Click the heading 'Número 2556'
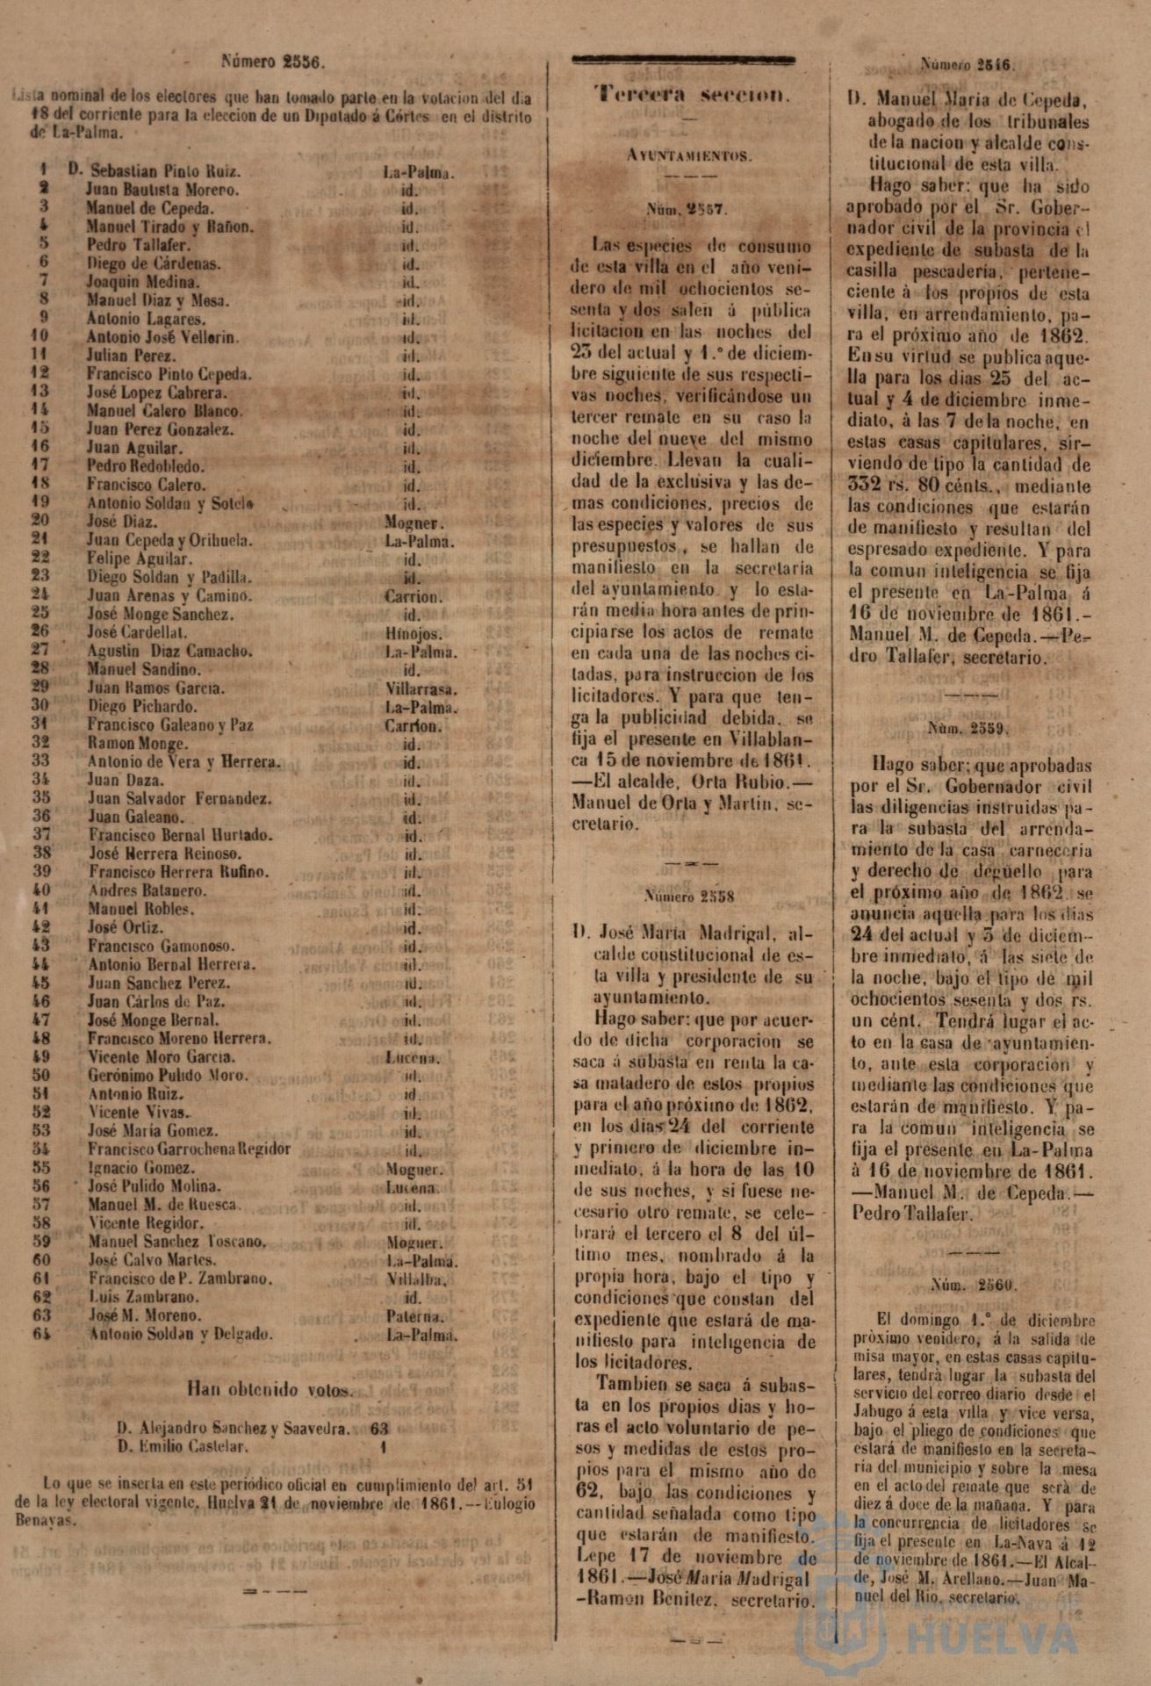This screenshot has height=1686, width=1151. [273, 62]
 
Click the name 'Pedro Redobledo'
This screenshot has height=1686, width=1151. [145, 466]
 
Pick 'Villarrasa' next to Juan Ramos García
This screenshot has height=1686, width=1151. [414, 688]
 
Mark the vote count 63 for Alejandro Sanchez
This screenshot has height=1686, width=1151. [380, 1428]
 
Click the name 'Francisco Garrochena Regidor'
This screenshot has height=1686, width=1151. [190, 1149]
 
